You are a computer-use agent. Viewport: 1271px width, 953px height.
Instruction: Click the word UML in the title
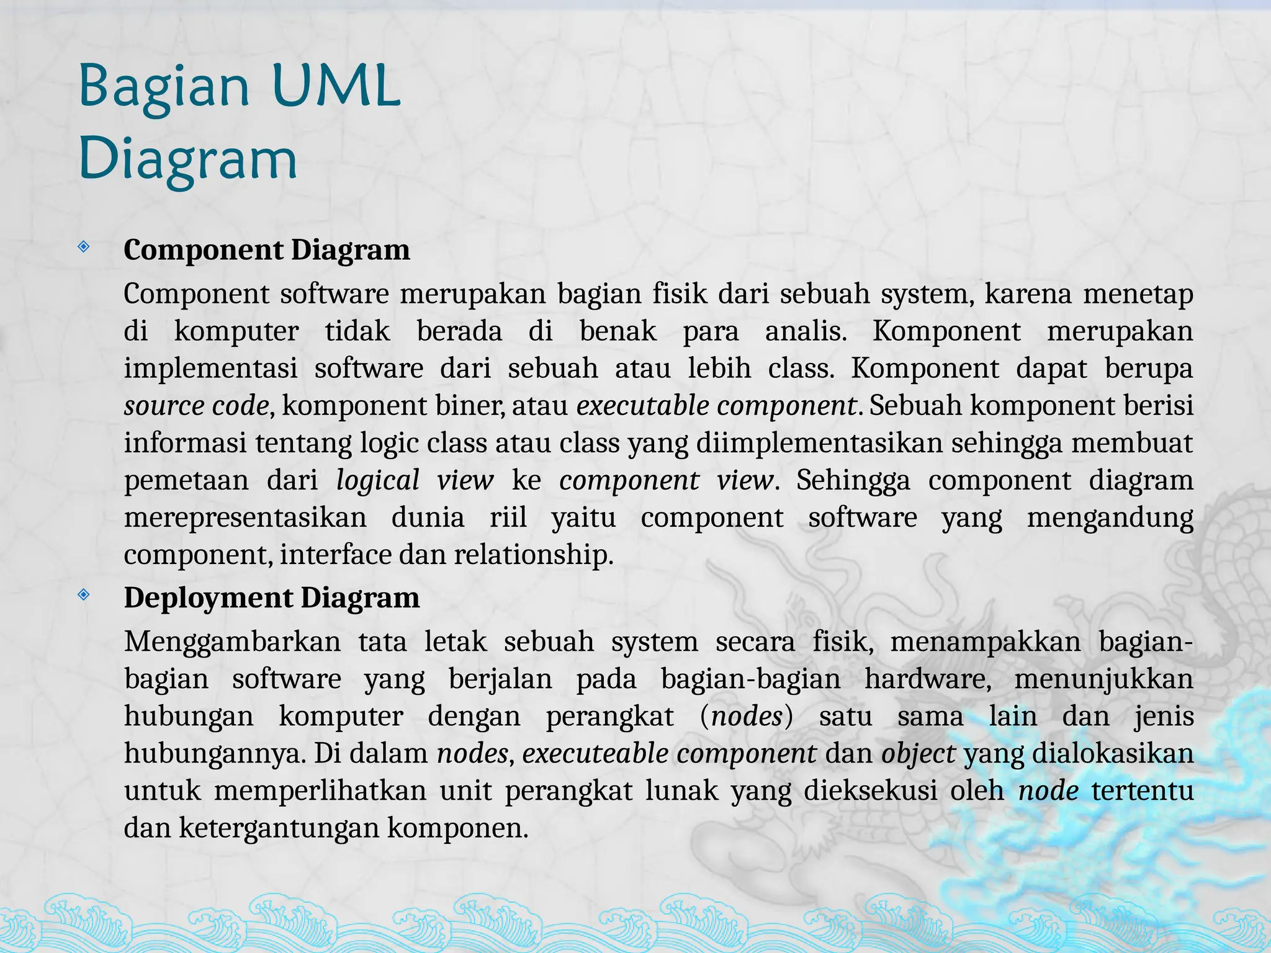(x=336, y=87)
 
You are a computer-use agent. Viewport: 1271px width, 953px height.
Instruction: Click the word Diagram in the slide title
(x=188, y=160)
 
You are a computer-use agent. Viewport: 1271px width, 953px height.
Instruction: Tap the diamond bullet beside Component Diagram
(x=84, y=248)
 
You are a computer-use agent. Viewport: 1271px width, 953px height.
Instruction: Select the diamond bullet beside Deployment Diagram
(x=84, y=596)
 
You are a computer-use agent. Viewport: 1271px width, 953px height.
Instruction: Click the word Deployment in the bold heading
(x=209, y=598)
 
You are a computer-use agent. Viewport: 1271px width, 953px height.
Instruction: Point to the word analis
(x=806, y=331)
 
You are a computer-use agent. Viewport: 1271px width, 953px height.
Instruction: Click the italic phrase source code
(x=196, y=406)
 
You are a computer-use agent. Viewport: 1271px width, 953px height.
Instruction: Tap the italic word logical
(x=378, y=481)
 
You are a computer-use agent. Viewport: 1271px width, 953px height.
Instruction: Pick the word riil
(x=508, y=518)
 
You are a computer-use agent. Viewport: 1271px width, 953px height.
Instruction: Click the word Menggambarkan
(x=232, y=642)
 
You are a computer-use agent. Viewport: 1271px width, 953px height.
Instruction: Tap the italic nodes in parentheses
(x=747, y=717)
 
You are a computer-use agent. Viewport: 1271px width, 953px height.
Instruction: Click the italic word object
(x=918, y=754)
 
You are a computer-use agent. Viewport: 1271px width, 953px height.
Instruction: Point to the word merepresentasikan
(x=245, y=518)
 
